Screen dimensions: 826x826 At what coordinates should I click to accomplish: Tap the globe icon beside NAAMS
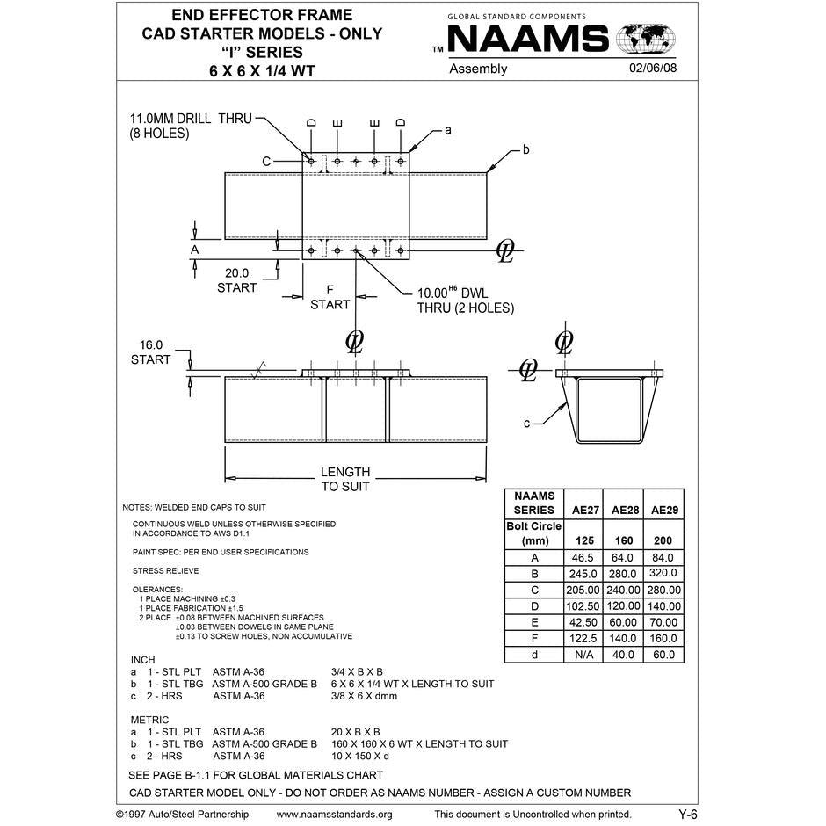pyautogui.click(x=647, y=40)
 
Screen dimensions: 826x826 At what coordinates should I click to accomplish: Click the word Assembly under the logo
pyautogui.click(x=478, y=69)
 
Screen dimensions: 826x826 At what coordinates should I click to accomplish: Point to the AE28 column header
pyautogui.click(x=624, y=510)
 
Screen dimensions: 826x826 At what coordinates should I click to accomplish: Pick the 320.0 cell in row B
pyautogui.click(x=663, y=573)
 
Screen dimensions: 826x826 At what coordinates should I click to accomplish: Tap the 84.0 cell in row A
pyautogui.click(x=663, y=557)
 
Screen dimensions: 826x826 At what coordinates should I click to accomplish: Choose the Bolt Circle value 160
pyautogui.click(x=624, y=540)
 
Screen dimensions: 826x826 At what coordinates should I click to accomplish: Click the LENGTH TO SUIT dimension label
pyautogui.click(x=345, y=479)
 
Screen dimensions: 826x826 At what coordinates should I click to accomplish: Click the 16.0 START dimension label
pyautogui.click(x=151, y=352)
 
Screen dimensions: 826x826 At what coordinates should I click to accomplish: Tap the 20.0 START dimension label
pyautogui.click(x=237, y=280)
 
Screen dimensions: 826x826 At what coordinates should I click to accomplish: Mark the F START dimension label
pyautogui.click(x=330, y=297)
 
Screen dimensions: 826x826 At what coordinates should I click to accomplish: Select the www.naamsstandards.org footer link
pyautogui.click(x=334, y=815)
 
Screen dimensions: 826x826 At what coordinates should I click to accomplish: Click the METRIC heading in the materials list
pyautogui.click(x=149, y=720)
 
